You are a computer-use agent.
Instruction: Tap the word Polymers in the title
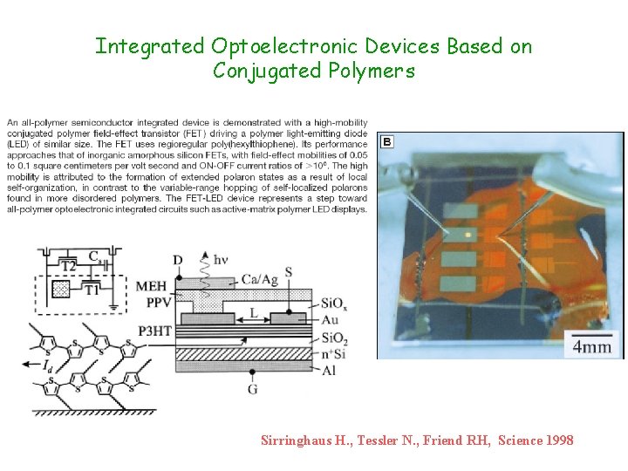click(x=366, y=71)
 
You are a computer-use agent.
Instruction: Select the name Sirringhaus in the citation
click(x=297, y=440)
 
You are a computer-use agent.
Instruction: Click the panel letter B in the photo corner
click(x=386, y=141)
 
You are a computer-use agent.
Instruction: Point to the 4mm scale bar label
click(x=592, y=347)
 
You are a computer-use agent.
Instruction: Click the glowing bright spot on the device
click(x=469, y=235)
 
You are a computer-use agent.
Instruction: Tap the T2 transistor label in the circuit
click(x=69, y=264)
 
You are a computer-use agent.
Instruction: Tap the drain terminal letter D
click(x=178, y=259)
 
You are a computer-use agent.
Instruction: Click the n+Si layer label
click(x=333, y=352)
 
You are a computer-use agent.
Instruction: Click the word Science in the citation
click(x=521, y=440)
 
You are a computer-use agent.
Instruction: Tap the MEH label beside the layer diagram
click(x=153, y=285)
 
